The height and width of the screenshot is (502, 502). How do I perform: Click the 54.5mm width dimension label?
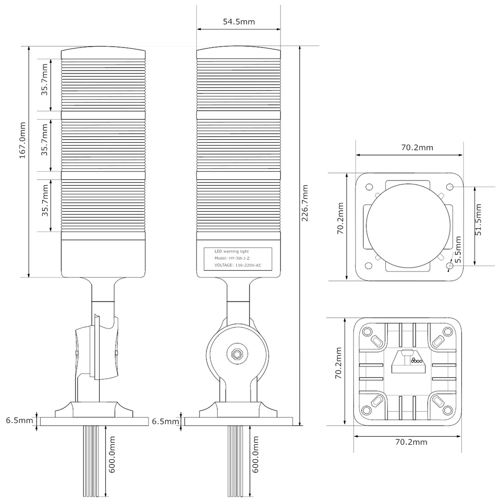(239, 22)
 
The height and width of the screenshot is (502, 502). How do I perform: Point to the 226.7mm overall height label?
(305, 203)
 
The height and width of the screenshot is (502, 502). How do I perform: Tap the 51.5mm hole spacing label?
(479, 219)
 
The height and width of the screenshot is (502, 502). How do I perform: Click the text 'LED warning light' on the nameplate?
(231, 251)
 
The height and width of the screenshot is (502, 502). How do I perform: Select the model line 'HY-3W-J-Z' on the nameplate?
(232, 258)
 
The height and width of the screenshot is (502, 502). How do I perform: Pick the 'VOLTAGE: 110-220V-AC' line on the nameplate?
(238, 265)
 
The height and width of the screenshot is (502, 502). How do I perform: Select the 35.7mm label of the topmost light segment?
(45, 85)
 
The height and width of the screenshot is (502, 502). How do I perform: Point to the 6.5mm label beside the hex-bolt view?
(166, 421)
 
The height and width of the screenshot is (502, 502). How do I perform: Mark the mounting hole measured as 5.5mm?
(450, 266)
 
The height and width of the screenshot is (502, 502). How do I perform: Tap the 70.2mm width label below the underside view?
(411, 442)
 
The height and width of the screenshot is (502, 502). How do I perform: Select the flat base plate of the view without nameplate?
(94, 421)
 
